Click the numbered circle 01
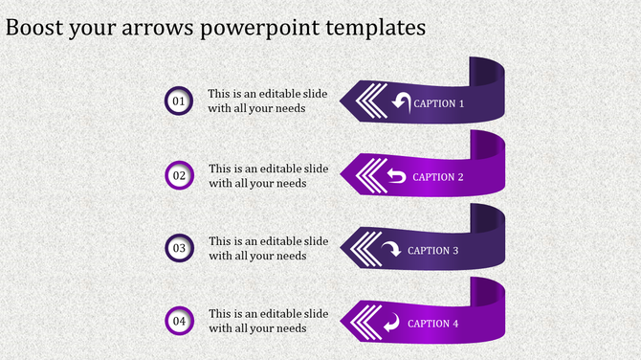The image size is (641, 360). pos(179,101)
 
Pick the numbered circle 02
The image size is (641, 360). pos(179,174)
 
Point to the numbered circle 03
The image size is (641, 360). pos(179,248)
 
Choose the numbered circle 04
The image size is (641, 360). pos(179,321)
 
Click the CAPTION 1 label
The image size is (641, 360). pos(439,103)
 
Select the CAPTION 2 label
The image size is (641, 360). pos(438,177)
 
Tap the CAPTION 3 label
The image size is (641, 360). pos(433,251)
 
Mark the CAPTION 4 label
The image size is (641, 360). pos(433,324)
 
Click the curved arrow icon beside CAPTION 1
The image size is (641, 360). pos(400,101)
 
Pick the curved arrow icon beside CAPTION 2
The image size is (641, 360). pos(396,176)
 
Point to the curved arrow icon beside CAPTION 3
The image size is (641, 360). pos(391,250)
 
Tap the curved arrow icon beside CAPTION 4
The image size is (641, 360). pos(391,323)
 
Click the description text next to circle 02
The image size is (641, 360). pos(269,175)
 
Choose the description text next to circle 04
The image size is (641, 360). pos(269,321)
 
